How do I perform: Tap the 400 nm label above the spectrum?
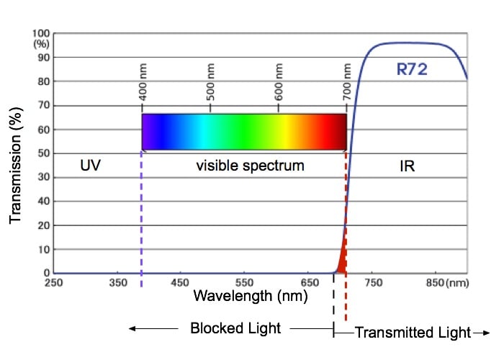pos(143,90)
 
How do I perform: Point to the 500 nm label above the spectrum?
pos(211,90)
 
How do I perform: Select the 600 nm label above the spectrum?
pos(279,90)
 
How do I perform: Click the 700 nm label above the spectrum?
pos(347,90)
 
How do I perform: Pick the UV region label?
pos(90,166)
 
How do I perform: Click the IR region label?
pos(408,166)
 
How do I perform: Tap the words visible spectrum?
pos(250,166)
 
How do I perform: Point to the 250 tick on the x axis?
pos(53,283)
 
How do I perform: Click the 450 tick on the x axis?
pos(181,283)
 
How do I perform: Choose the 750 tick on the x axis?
pos(374,283)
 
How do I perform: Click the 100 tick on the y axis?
pos(41,34)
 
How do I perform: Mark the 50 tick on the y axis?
pos(43,153)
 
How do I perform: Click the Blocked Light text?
pos(235,328)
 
